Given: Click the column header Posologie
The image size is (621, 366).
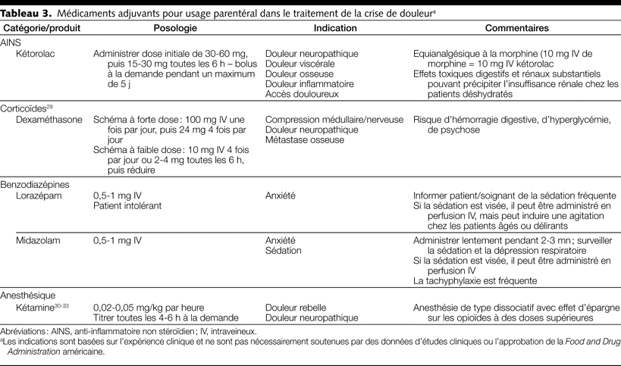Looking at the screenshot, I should (175, 28).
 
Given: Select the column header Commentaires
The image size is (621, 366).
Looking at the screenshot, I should (516, 28).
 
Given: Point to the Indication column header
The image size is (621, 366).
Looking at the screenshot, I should (335, 28).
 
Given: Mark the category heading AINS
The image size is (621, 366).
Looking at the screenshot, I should (14, 43).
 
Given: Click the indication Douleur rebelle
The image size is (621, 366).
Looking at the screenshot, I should (296, 308).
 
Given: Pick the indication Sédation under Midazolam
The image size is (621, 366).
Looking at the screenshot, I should (283, 251).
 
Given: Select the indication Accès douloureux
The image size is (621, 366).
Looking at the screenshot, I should (301, 94).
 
